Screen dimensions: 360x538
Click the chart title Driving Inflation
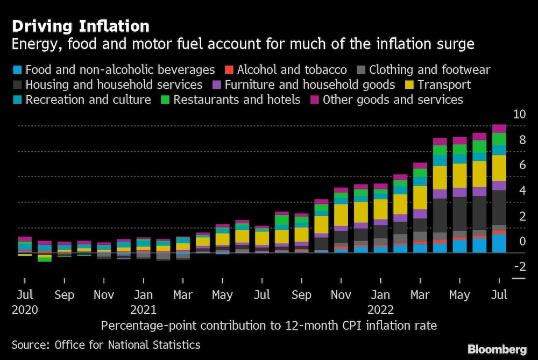click(81, 26)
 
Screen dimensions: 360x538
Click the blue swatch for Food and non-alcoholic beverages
click(17, 69)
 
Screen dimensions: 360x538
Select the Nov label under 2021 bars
click(341, 295)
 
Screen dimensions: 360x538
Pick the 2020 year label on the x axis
click(24, 310)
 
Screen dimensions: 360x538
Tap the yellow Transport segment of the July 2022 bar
click(499, 168)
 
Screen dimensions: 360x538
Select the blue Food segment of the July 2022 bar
click(499, 243)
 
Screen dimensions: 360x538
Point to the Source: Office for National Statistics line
click(106, 345)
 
